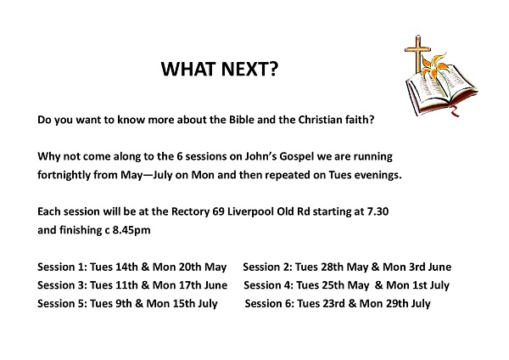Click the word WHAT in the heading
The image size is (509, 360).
pos(188,69)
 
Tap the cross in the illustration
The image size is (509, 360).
pos(417,53)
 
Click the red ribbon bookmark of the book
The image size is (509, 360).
pos(455,111)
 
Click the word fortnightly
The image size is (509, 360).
pos(64,175)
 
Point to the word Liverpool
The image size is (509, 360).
pos(250,212)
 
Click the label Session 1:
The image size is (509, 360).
pos(62,267)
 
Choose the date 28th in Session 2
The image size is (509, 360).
pos(332,267)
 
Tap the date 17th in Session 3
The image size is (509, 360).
pos(190,285)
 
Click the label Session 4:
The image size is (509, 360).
pos(269,285)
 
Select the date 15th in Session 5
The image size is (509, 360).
pos(184,303)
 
